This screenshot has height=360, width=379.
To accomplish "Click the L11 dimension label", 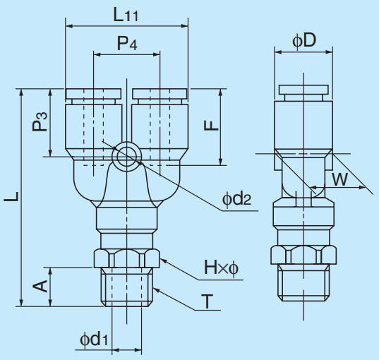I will (128, 13).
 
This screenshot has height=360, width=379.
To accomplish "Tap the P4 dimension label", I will (127, 43).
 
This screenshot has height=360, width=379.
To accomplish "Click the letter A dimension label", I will (40, 285).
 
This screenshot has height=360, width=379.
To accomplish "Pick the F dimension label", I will (210, 125).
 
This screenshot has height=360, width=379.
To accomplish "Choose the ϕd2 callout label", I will (236, 199).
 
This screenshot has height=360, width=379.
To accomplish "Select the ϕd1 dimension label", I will (93, 340).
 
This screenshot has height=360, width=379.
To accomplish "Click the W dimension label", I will (340, 179).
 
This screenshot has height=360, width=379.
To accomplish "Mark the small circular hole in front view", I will (128, 155).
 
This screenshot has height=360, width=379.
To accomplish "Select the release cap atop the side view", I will (303, 90).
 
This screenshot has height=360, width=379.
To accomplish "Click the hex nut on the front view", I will (127, 258).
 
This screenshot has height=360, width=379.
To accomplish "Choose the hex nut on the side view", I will (303, 255).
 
